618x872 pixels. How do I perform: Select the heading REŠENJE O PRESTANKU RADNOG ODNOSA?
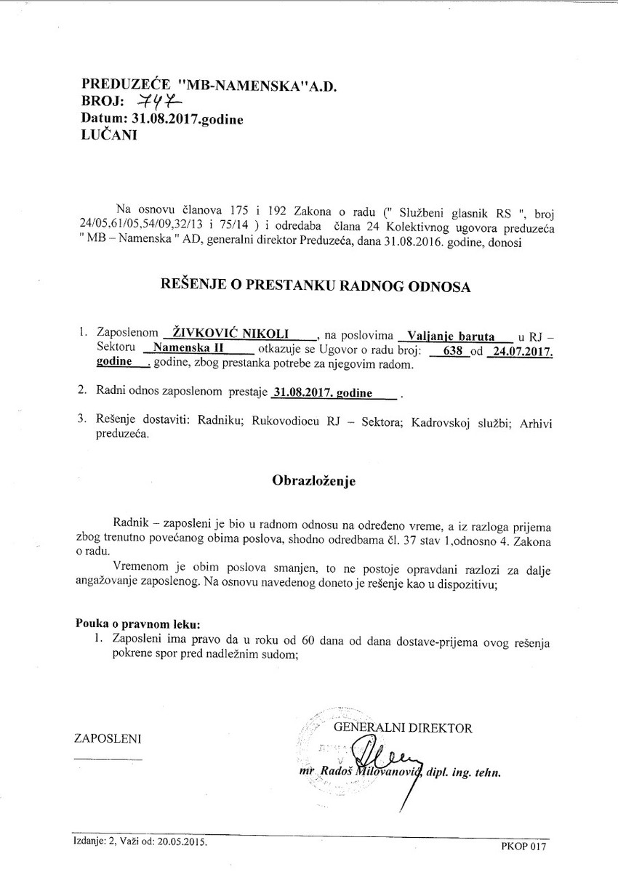(316, 286)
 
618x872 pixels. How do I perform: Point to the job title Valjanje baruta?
(451, 336)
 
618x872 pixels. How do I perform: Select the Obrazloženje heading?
(314, 480)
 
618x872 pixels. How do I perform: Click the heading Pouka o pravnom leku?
(138, 624)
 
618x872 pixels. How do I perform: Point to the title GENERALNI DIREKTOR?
(402, 727)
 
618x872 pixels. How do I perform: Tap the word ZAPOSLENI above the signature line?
(108, 739)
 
